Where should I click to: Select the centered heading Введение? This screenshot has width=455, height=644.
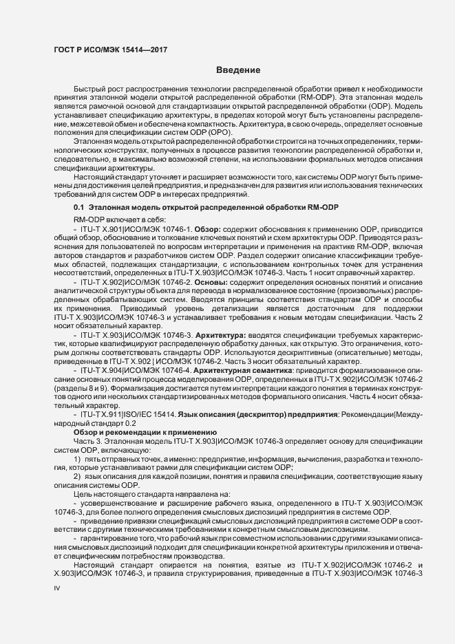point(237,70)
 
